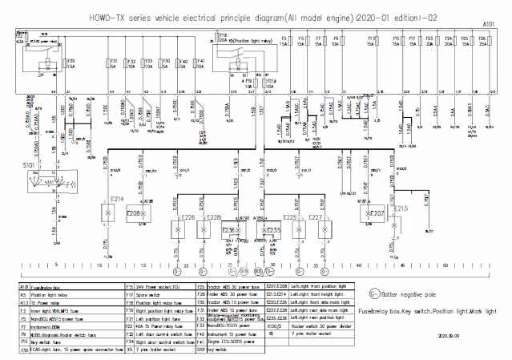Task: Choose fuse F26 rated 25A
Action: (483, 41)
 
